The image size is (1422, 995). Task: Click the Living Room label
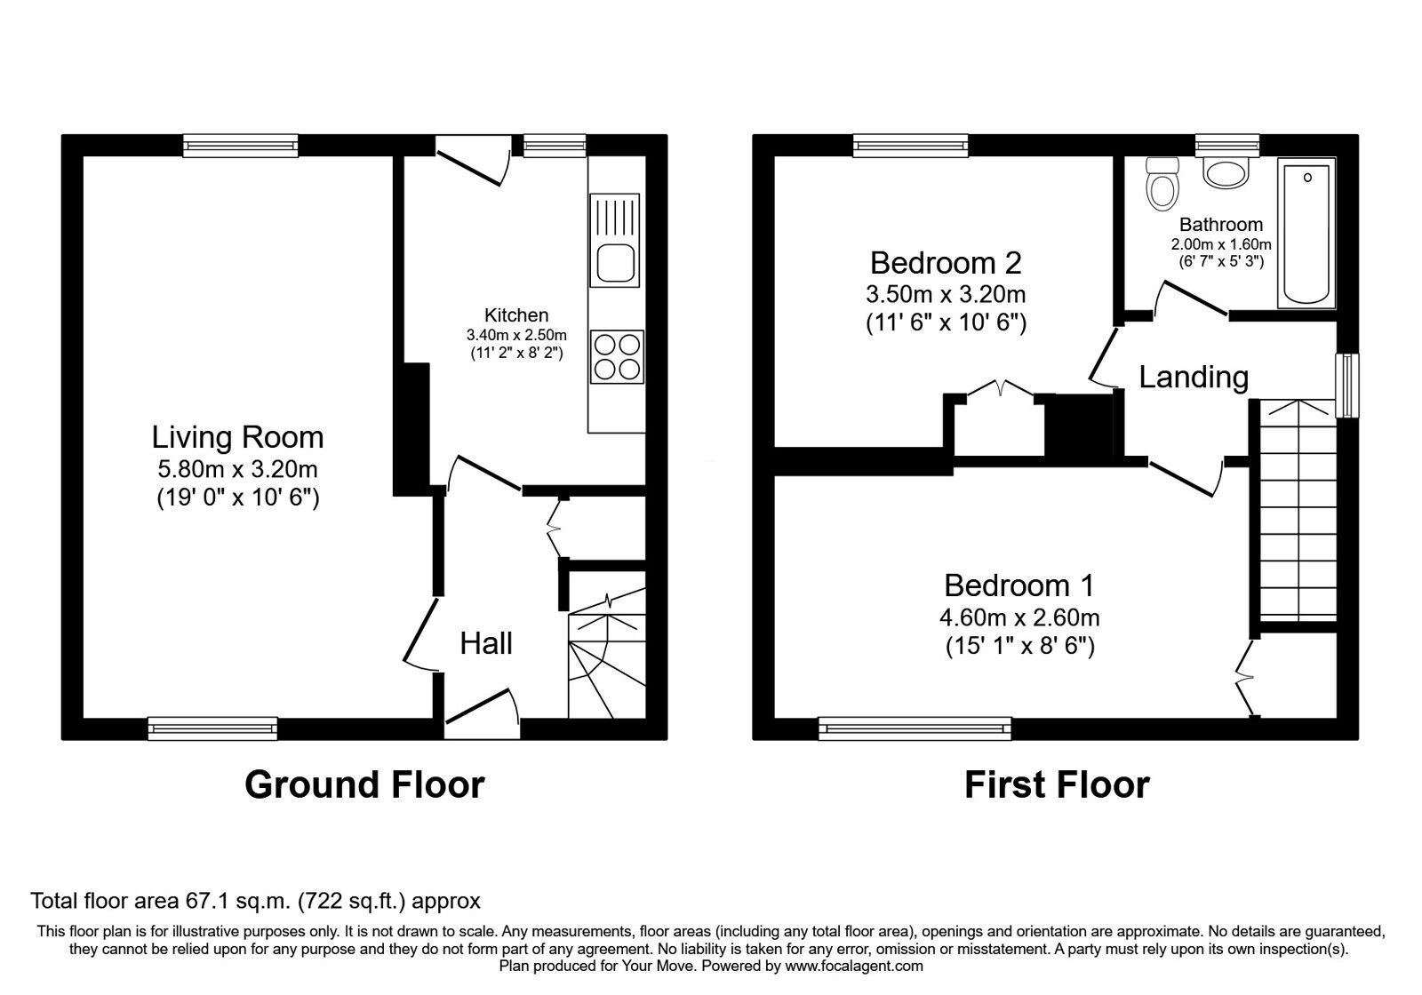pos(237,437)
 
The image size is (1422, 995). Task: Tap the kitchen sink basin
pos(615,264)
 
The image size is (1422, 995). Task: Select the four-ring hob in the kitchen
pos(617,356)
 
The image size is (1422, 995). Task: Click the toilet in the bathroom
pos(1161,184)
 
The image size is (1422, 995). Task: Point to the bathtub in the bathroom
pos(1306,233)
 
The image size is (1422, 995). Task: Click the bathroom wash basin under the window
pos(1226,171)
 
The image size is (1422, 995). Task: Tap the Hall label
pos(486,643)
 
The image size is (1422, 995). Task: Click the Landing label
pos(1194,377)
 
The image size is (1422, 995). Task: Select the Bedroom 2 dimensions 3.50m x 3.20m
pos(946,294)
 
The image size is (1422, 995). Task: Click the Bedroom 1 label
pos(1019,585)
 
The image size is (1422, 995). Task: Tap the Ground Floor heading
pos(364,784)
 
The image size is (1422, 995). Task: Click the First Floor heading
pos(1057,784)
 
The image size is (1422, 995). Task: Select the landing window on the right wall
pos(1348,385)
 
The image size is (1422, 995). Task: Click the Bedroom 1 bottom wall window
pos(915,729)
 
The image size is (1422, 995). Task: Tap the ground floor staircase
pos(607,657)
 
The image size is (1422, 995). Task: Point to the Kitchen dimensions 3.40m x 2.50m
pos(516,335)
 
